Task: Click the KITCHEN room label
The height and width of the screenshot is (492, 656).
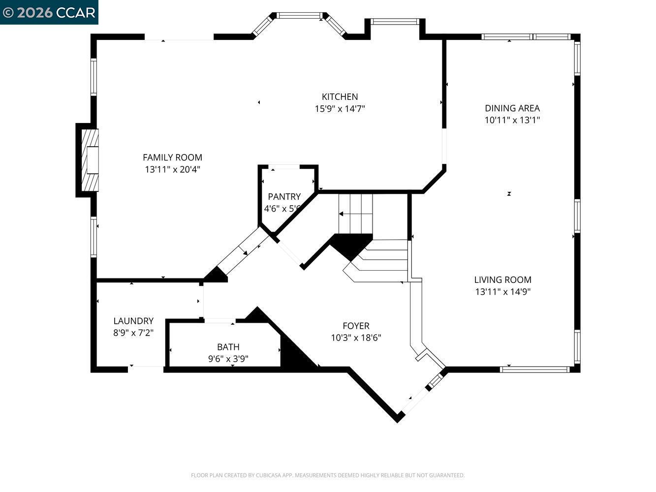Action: coord(340,97)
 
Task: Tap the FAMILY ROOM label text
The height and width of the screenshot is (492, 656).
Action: coord(172,157)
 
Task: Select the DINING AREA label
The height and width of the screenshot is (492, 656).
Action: coord(512,108)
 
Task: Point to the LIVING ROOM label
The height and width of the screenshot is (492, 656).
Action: coord(502,279)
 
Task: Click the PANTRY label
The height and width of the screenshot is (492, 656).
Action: coord(284,197)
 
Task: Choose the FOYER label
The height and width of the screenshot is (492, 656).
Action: coord(356,326)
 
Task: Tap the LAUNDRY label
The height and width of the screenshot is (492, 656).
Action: coord(133,321)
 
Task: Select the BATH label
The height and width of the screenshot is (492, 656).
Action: coord(228,347)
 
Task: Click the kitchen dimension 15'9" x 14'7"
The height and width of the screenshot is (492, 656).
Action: coord(340,109)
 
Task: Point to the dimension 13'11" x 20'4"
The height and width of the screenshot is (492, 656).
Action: coord(172,169)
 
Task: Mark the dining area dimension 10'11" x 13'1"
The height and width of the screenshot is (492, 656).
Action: coord(512,120)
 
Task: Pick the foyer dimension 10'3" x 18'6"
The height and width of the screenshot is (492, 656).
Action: coord(356,338)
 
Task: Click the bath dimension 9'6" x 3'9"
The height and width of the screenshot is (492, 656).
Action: coord(228,359)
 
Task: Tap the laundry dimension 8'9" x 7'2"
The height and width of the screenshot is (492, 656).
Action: coord(133,333)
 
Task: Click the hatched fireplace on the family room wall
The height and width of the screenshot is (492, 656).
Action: coord(90,160)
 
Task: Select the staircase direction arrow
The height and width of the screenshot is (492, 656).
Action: coord(341,214)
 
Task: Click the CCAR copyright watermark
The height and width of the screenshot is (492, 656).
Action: coord(49,12)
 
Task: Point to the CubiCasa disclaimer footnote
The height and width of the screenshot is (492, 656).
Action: coord(328,475)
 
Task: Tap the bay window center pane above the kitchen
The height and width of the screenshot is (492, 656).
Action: coord(299,16)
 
